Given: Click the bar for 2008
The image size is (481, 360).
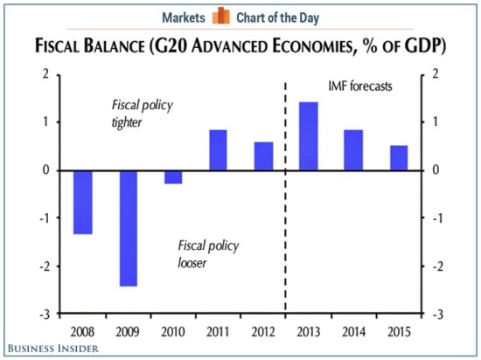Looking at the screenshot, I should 83,202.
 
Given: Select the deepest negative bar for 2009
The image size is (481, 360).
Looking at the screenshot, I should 129,227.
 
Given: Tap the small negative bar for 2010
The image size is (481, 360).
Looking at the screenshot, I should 173,177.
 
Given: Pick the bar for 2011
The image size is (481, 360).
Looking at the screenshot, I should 218,149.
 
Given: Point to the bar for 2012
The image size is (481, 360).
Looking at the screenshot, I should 263,156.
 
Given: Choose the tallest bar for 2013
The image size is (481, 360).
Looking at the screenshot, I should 308,135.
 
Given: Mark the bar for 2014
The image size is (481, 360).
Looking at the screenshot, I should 353,149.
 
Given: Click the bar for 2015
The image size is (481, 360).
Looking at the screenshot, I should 398,157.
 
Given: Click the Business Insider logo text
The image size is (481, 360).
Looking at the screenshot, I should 50,349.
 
